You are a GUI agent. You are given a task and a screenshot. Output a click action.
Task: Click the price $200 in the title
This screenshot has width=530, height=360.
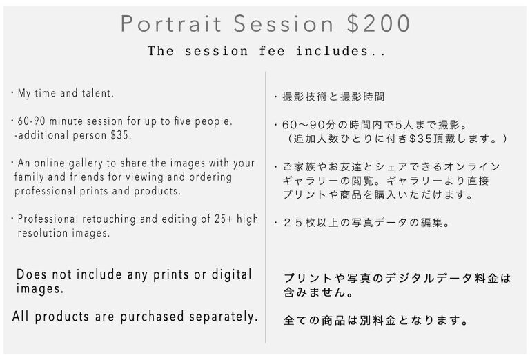379,23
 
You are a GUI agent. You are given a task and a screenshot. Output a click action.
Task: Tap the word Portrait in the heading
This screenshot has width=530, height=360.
170,24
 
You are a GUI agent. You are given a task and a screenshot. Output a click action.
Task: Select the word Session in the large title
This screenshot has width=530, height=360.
283,24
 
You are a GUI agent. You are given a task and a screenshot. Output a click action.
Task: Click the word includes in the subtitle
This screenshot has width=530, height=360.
341,51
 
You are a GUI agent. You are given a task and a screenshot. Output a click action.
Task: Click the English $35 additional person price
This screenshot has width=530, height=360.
121,135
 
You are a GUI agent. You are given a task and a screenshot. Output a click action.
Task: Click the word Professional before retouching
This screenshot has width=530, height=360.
48,219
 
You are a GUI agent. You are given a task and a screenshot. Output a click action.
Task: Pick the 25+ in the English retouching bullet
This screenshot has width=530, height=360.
224,219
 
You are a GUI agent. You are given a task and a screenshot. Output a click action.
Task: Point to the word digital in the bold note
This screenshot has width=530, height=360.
232,275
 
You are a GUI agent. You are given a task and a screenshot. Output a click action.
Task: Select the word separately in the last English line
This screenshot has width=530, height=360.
224,317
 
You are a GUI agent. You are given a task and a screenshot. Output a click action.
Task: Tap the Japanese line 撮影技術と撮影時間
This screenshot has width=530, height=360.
333,97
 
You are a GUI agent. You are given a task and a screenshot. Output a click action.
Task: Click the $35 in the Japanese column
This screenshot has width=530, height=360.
418,139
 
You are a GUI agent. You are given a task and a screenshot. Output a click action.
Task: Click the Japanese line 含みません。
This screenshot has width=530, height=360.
318,292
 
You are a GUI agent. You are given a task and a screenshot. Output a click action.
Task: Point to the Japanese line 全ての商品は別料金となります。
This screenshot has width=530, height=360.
376,320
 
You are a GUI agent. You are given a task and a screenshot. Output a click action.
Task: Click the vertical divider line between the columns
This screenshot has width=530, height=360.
265,208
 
